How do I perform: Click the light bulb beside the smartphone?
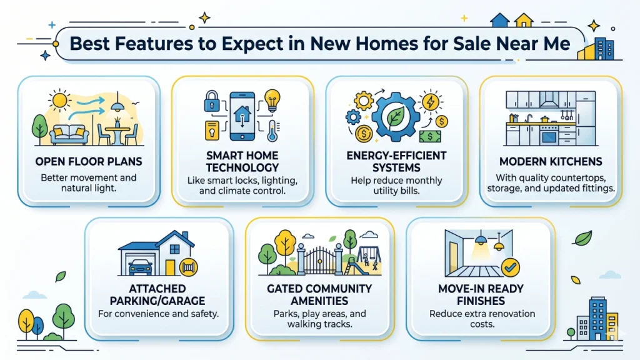tap(272, 99)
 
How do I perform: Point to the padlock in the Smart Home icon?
tap(211, 99)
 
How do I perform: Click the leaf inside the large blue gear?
tap(394, 116)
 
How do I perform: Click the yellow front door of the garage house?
tap(171, 266)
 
